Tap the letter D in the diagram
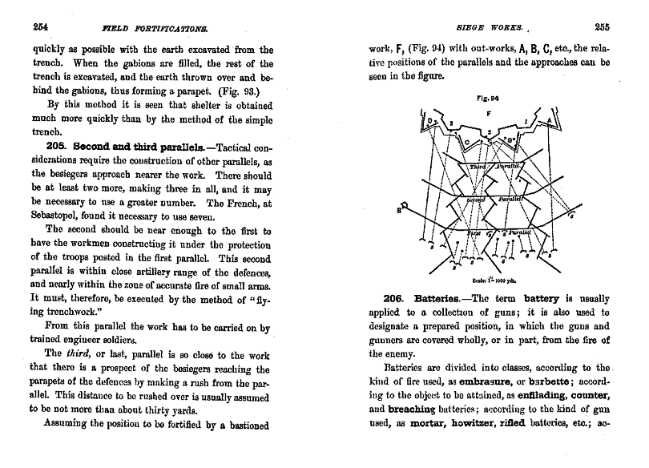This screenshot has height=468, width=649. pyautogui.click(x=430, y=121)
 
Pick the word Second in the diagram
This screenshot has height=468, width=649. pyautogui.click(x=477, y=198)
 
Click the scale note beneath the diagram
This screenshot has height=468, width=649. pyautogui.click(x=490, y=280)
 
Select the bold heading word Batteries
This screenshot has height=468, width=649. pyautogui.click(x=441, y=299)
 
